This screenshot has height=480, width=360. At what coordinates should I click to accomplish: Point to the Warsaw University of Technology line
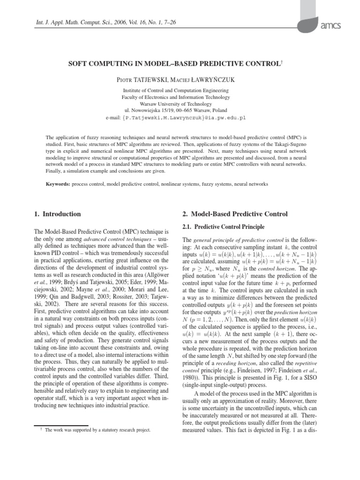(x=180, y=104)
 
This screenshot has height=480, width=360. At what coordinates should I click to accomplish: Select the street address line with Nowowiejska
(x=180, y=111)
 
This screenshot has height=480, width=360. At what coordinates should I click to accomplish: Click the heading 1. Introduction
(x=58, y=214)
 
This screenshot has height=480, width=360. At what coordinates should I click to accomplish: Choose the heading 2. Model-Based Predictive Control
(x=234, y=214)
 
